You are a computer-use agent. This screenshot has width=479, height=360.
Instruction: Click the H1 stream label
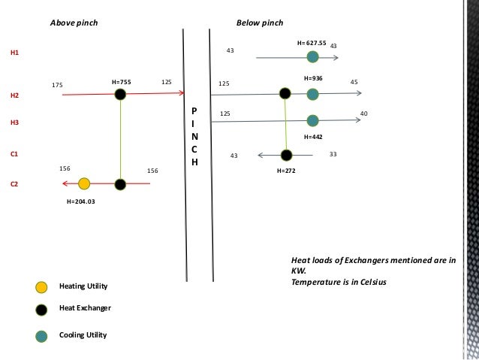click(14, 54)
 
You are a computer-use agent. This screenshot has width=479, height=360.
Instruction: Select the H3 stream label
click(14, 122)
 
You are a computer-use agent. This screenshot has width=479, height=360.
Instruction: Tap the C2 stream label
click(14, 183)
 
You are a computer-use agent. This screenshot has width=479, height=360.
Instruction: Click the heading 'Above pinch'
click(74, 23)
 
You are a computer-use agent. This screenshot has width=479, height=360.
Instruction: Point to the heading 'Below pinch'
click(259, 23)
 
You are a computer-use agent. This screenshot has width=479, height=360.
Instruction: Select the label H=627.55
click(312, 43)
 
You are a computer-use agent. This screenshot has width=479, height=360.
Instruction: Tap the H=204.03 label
click(82, 202)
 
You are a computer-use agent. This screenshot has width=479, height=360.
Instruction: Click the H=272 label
click(286, 171)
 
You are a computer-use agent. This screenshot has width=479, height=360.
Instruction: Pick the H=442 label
click(313, 138)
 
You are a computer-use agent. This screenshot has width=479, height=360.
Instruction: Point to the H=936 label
click(313, 78)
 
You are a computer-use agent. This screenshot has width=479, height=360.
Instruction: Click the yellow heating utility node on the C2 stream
click(84, 183)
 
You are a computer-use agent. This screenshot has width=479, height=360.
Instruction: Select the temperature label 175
click(57, 85)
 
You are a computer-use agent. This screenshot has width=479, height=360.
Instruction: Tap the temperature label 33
click(333, 154)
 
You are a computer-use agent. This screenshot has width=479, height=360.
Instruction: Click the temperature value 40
click(364, 113)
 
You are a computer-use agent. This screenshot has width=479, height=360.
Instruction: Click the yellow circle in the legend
click(42, 286)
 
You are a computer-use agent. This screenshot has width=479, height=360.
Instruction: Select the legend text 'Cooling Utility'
click(84, 335)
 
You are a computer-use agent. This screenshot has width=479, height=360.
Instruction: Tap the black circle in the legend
click(42, 310)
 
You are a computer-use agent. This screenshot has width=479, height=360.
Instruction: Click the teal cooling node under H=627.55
click(312, 56)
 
